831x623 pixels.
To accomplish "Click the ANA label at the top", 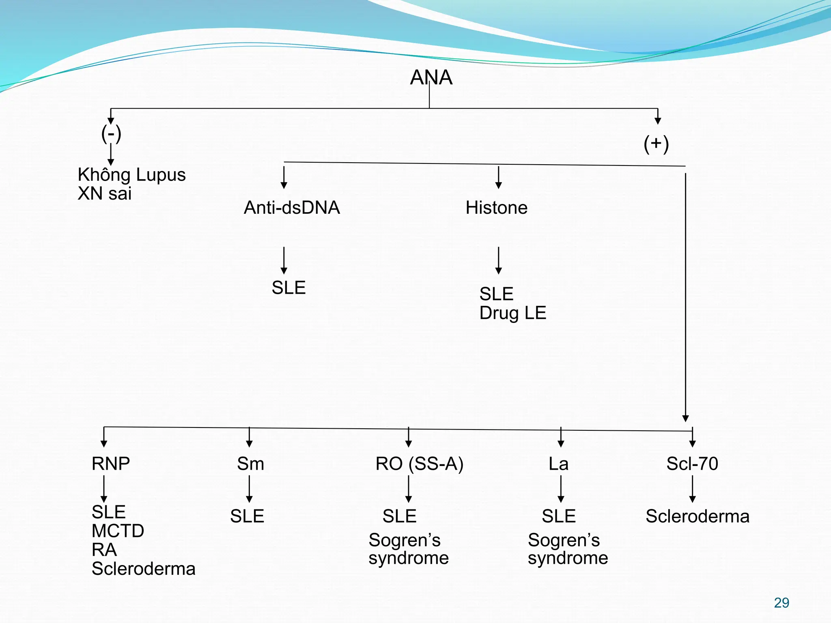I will coord(431,77).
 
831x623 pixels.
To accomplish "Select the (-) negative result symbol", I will coord(111,134).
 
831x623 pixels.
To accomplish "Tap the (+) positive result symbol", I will coord(656,144).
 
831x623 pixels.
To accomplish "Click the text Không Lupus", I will coord(131,175).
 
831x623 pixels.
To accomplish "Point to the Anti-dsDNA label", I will coord(292,208).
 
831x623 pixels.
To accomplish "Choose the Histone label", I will coord(496,208).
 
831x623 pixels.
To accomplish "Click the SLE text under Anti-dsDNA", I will coord(288,288).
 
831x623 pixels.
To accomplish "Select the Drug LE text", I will coord(512,313).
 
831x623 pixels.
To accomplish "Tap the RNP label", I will coord(111,464).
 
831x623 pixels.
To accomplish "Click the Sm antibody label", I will coord(250,464).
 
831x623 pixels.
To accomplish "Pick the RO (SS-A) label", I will coord(419,464).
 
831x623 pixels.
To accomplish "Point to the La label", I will coord(558,464).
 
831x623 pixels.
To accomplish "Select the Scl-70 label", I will coord(692,464).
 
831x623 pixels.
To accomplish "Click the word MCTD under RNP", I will coord(118,531).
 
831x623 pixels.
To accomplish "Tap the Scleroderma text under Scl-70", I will coord(697,516).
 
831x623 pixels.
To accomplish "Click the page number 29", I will coord(781,603).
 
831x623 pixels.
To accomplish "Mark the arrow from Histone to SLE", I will coord(499,260).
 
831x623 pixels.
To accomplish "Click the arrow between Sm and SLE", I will coord(249,489).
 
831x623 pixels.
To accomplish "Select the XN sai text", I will coord(105,193).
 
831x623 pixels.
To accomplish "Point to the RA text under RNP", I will coord(104,550).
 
